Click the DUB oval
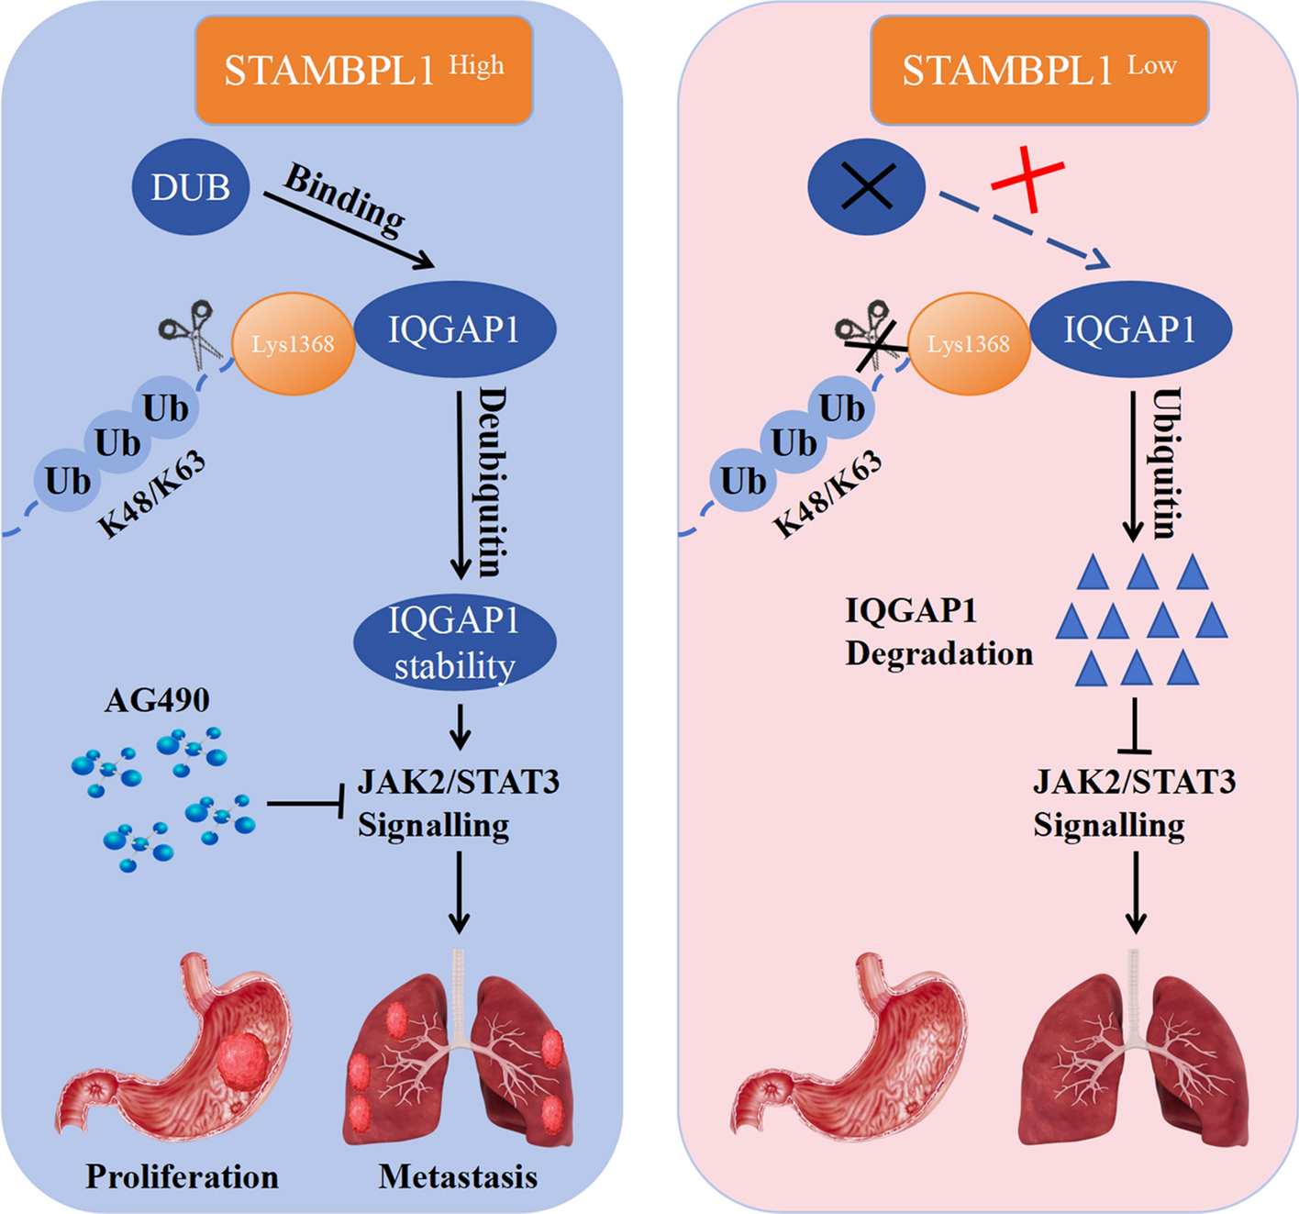click(x=191, y=187)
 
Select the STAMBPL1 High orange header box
click(x=364, y=71)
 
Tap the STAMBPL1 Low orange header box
click(x=1039, y=71)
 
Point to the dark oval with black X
click(x=866, y=187)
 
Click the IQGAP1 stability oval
click(x=454, y=643)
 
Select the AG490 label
click(x=157, y=700)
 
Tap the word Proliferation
click(x=182, y=1176)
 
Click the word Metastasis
click(x=458, y=1176)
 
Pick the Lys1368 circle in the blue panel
click(x=294, y=344)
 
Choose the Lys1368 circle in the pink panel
click(x=969, y=344)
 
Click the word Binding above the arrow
click(x=345, y=199)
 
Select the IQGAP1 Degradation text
click(x=938, y=632)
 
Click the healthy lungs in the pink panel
click(x=1135, y=1055)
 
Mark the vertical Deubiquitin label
click(x=493, y=482)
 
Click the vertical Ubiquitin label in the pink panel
click(x=1167, y=463)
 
